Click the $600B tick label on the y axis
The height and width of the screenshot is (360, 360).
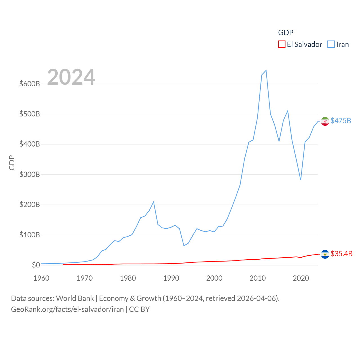[x=30, y=84]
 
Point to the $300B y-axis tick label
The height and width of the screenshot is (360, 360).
[x=30, y=174]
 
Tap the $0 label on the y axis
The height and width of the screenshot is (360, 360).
[x=36, y=265]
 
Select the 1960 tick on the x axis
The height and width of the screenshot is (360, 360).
[x=41, y=278]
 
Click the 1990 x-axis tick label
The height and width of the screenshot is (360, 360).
[x=171, y=278]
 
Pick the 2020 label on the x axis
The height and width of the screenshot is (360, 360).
[x=301, y=278]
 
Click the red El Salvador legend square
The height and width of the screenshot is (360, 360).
[x=282, y=44]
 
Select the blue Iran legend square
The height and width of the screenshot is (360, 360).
[x=331, y=44]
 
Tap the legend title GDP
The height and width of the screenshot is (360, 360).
[x=285, y=33]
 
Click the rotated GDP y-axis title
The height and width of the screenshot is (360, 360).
[x=12, y=163]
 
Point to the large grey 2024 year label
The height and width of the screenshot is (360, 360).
[x=71, y=77]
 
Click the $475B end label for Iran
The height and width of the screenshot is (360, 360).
[x=341, y=121]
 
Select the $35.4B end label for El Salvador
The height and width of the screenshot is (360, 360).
[x=341, y=254]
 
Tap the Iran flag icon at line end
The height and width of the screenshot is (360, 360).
[x=325, y=121]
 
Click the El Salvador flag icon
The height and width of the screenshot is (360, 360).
[x=325, y=254]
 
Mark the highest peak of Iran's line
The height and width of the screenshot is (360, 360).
[x=266, y=70]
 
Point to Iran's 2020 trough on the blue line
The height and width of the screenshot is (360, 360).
[x=301, y=180]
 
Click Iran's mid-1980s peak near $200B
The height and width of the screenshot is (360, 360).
[x=154, y=202]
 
